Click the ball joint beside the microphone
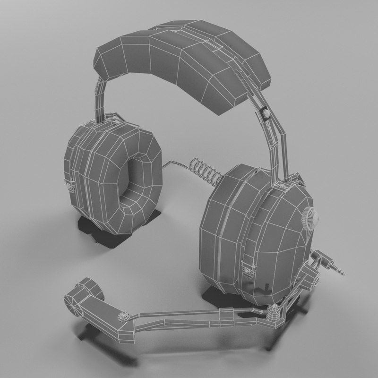124,316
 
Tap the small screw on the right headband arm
265,113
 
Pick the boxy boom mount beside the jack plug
309,274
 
